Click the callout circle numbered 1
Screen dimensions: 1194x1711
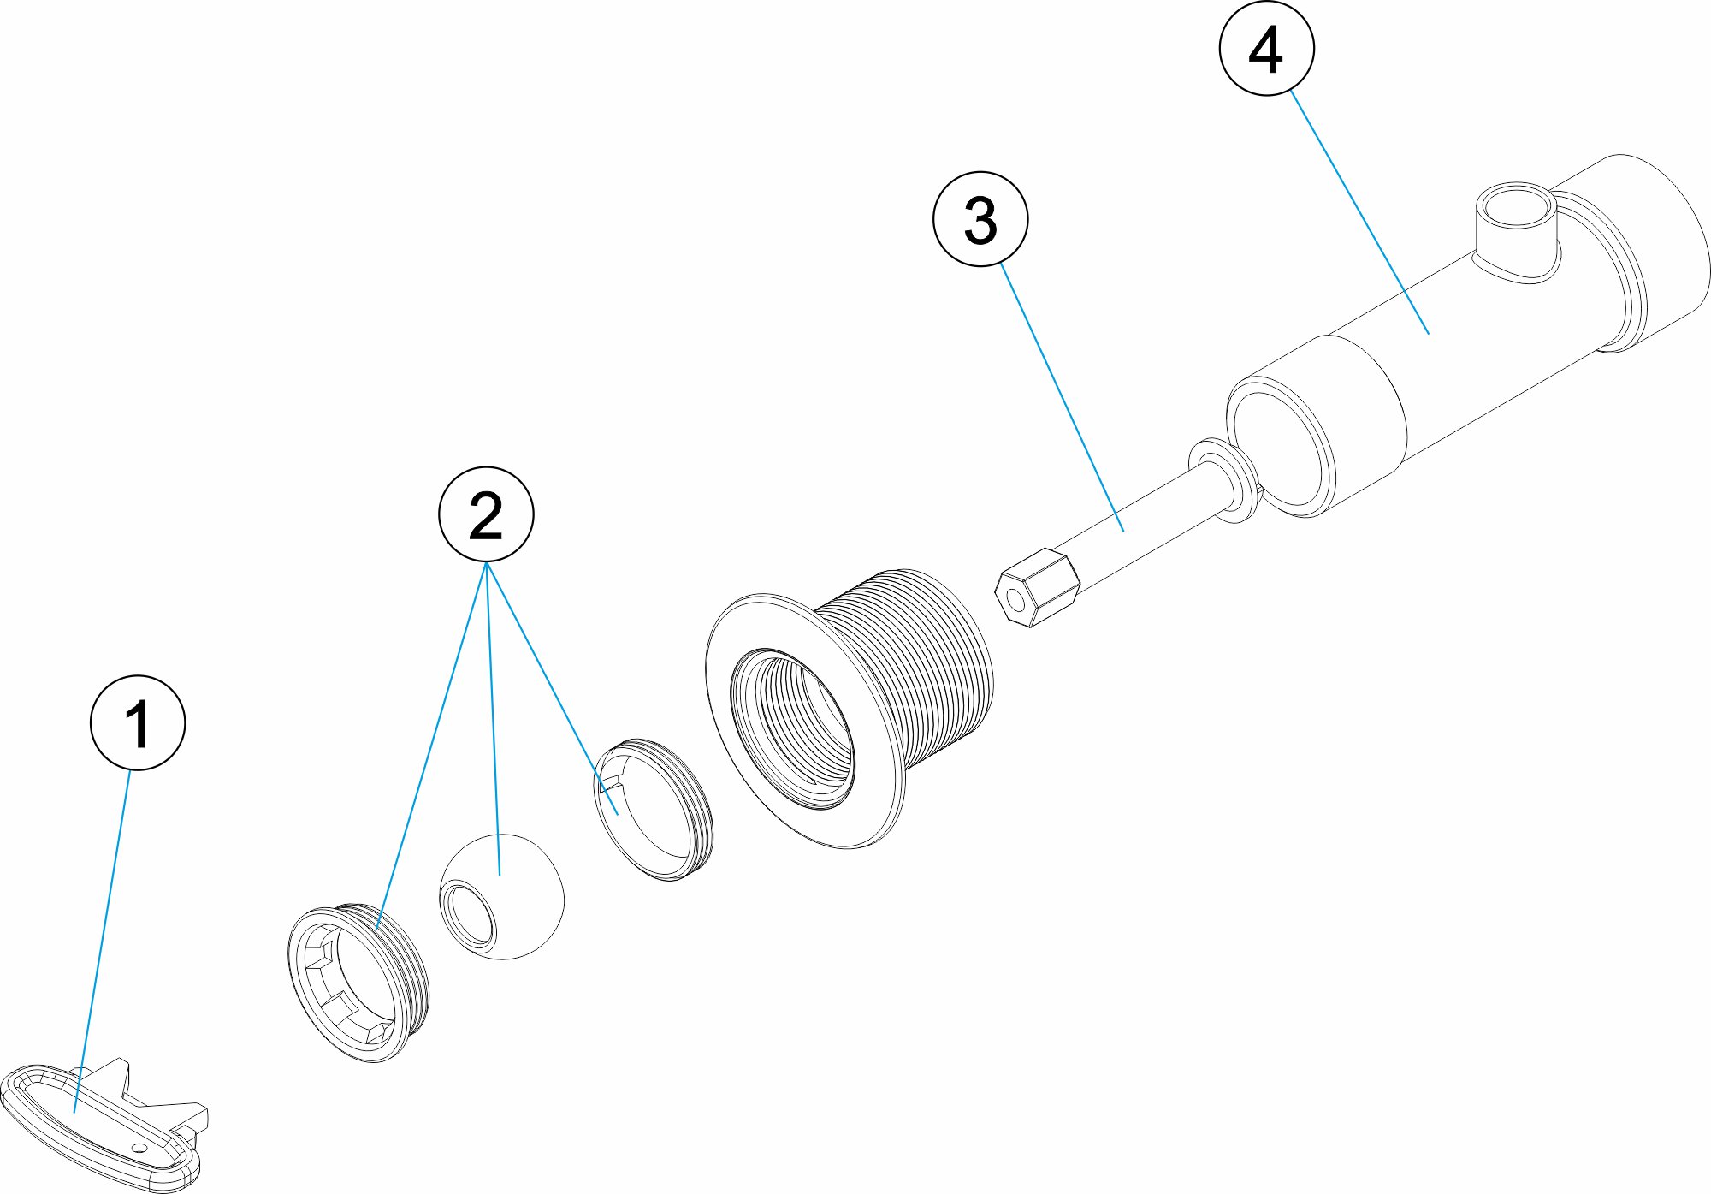pos(137,723)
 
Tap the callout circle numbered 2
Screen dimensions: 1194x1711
pos(486,514)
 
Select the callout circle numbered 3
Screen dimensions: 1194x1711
pos(980,219)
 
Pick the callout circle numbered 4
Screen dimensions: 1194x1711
pos(1266,49)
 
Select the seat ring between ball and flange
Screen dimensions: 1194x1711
pos(654,809)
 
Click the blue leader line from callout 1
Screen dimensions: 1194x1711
pos(103,942)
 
